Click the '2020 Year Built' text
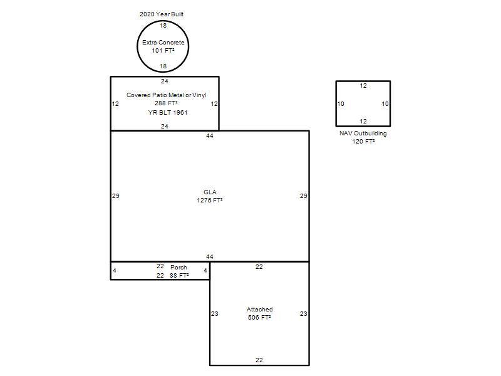162,14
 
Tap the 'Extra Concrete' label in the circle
163,42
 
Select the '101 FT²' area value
163,51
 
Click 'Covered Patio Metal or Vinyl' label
167,95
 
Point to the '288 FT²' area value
166,103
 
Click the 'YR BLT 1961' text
168,113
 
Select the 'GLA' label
210,192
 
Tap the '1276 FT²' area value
210,200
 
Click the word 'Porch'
178,268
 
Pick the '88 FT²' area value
179,276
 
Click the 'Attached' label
259,309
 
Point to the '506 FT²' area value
259,318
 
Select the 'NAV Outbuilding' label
363,133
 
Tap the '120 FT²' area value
363,142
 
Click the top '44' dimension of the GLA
210,136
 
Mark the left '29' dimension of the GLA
116,196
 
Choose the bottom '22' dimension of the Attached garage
259,360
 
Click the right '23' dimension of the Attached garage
304,314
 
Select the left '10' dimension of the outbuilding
341,103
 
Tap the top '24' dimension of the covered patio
165,81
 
